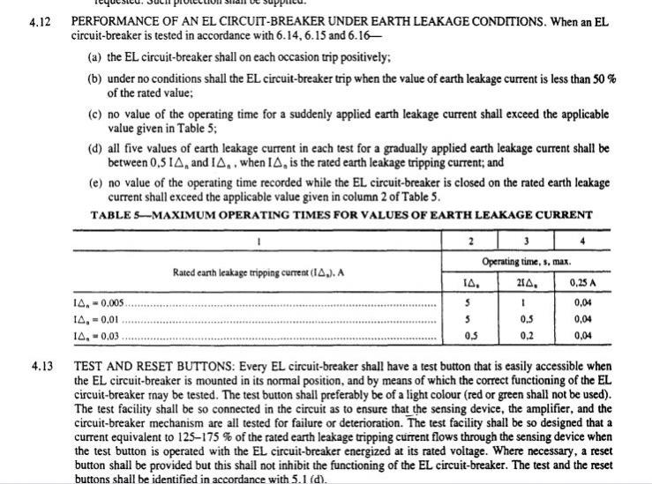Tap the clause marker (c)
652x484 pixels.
tap(95, 115)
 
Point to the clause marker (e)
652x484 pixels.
tap(95, 182)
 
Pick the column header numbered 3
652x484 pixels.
tap(525, 242)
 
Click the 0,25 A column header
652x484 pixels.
tap(585, 282)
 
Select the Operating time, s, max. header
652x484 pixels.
tap(526, 262)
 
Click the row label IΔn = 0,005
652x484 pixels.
tap(98, 302)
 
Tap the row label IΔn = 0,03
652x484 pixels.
tap(96, 336)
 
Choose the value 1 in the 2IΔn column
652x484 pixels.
tap(526, 302)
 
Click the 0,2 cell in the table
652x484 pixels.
tap(526, 336)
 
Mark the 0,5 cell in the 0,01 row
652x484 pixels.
tap(526, 319)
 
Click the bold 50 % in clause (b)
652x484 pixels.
tap(603, 79)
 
